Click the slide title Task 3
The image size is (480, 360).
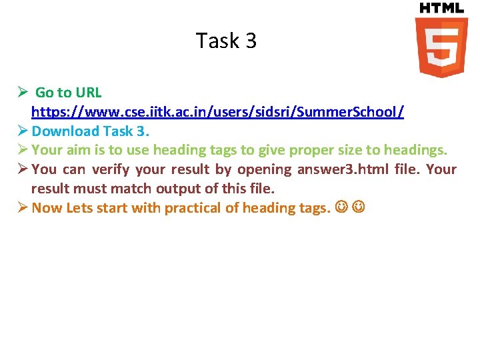[226, 41]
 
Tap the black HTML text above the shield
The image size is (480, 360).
[441, 8]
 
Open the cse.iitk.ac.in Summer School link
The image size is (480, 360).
[217, 111]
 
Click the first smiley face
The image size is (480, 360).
[341, 208]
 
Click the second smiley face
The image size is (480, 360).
[359, 208]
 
